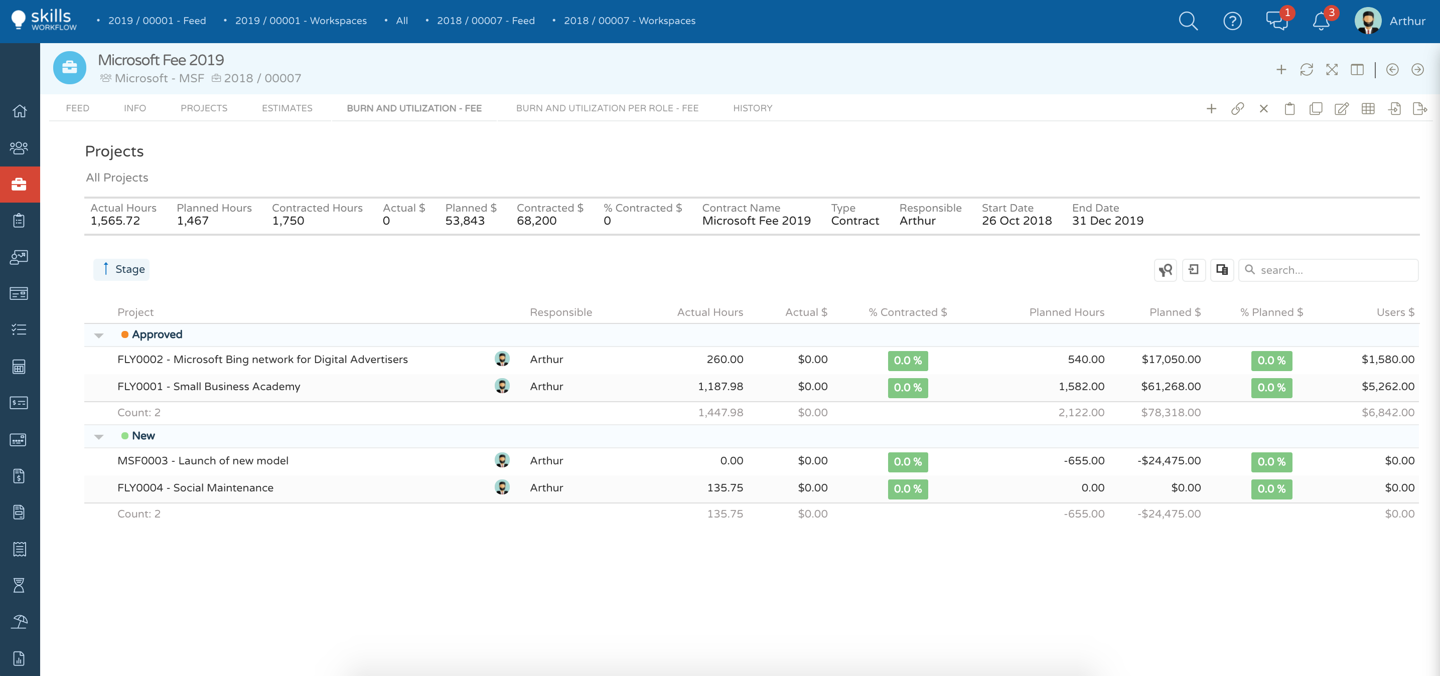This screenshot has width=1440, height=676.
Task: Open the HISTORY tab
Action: click(753, 108)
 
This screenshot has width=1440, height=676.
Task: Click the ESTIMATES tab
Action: click(287, 108)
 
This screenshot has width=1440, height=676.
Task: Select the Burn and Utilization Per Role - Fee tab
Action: click(607, 108)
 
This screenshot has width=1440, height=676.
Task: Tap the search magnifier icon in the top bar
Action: click(1188, 21)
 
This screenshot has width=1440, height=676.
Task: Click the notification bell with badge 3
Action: click(1321, 21)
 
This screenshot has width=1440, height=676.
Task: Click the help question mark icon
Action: click(1232, 21)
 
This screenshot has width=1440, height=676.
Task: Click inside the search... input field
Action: click(1336, 270)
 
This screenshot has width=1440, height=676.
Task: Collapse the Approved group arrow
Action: click(99, 335)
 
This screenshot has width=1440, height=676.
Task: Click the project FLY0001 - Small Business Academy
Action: click(209, 387)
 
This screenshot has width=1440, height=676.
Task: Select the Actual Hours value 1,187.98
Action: click(720, 387)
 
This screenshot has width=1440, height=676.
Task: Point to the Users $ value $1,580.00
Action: click(1387, 360)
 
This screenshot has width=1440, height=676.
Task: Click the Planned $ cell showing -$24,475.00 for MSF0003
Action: click(1169, 461)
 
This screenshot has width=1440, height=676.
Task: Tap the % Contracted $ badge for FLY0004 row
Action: click(907, 489)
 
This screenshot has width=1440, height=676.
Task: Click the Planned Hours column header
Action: click(1066, 312)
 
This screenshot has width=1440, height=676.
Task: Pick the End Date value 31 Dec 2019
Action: click(1107, 221)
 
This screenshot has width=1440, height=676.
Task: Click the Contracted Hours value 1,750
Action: click(288, 221)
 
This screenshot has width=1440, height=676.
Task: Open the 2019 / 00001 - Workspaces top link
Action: click(300, 21)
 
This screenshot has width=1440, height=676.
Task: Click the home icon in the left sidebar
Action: click(20, 111)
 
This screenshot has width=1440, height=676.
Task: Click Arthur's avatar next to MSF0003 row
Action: click(502, 460)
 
